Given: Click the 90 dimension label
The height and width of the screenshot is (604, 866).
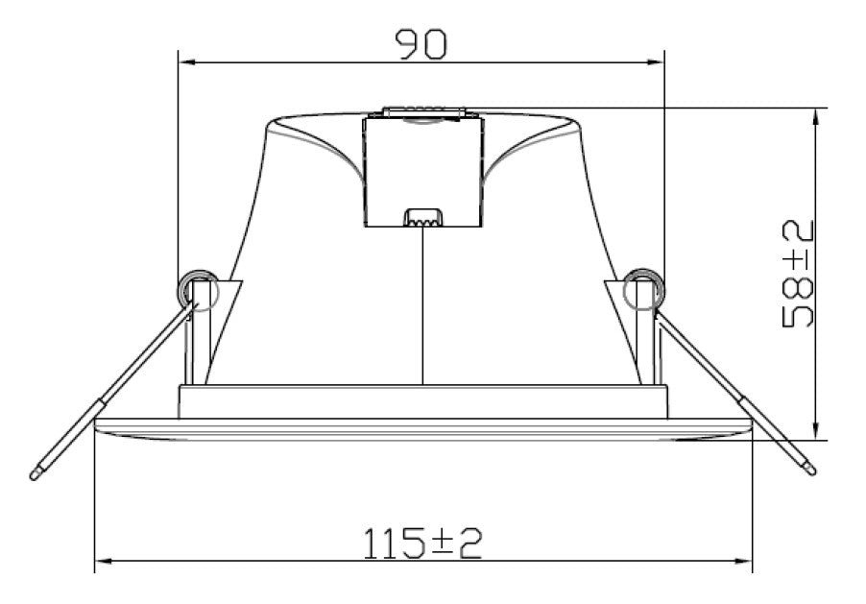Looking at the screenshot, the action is tap(421, 44).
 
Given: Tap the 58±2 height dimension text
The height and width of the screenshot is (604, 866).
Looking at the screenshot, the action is tap(799, 274).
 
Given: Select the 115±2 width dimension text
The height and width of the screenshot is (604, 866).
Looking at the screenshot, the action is tap(422, 544).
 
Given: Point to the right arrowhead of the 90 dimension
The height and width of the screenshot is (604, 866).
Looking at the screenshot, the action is tap(655, 62).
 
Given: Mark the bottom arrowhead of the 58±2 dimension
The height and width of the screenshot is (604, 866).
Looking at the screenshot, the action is tap(817, 431).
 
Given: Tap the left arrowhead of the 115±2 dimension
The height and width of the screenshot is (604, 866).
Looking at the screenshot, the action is tap(105, 562).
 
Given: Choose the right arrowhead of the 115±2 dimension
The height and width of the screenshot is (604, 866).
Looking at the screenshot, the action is tap(743, 562).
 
